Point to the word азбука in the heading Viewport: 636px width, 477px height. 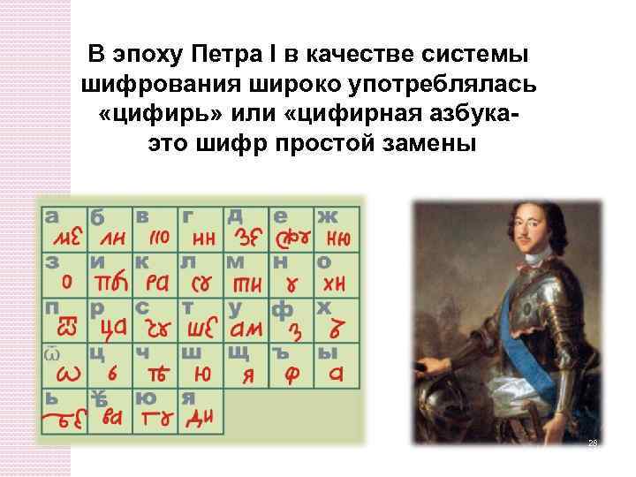464,115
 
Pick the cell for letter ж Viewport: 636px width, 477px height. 338,228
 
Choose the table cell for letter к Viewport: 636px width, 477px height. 155,274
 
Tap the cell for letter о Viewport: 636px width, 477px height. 338,274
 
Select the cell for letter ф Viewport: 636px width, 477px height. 292,320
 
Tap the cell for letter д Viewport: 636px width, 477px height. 246,228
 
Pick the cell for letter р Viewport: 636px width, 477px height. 110,320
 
